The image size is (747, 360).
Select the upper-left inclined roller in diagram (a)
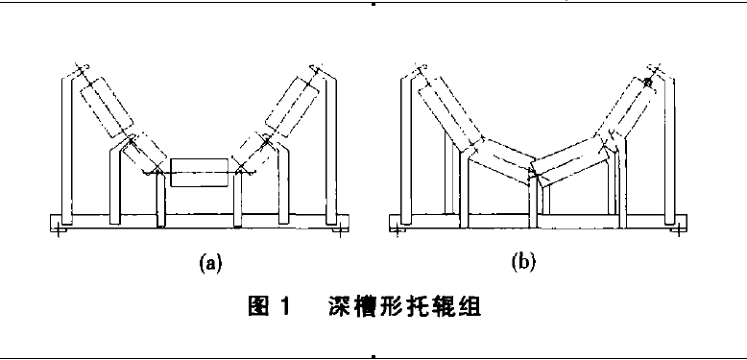point(105,106)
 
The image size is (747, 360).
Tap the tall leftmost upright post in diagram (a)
point(65,144)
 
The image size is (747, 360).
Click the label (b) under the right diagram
point(523,261)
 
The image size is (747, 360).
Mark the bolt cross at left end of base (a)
point(60,230)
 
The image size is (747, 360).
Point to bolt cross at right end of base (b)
point(676,230)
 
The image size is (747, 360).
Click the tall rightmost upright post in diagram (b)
point(671,144)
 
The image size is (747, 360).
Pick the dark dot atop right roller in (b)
point(649,84)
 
